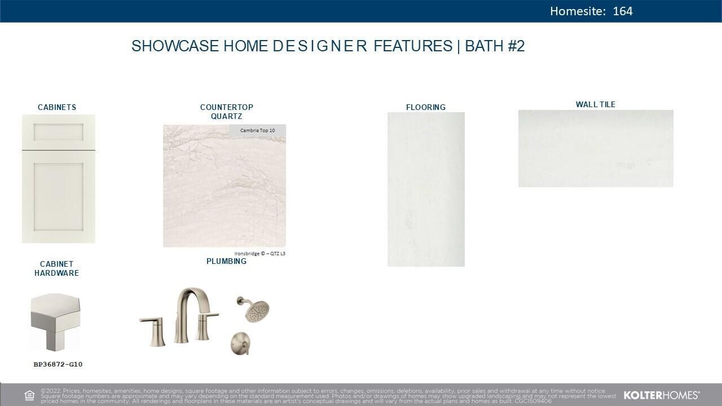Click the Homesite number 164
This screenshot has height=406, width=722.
click(x=622, y=11)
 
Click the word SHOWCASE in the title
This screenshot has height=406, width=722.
click(x=175, y=46)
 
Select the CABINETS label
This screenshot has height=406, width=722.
click(x=57, y=107)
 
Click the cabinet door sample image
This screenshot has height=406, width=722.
click(x=59, y=179)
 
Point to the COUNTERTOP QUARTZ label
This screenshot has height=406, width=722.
click(x=226, y=112)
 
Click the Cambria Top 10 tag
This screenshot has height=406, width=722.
click(x=257, y=131)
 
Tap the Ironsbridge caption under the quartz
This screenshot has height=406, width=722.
click(x=259, y=254)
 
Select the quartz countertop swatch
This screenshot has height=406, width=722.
click(x=224, y=192)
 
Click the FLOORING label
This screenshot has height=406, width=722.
click(x=426, y=107)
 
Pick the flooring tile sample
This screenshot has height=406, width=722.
click(x=426, y=189)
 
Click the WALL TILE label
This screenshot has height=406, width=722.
click(x=596, y=104)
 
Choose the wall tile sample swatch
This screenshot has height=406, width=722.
click(x=596, y=148)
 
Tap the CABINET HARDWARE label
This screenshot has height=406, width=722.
click(x=56, y=268)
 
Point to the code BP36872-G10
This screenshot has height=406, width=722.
click(x=58, y=364)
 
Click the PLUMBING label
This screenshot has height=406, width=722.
click(x=226, y=261)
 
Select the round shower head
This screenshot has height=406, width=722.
click(x=257, y=310)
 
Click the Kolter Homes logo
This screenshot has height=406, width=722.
click(x=662, y=395)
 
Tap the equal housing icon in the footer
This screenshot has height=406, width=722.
click(x=29, y=395)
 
